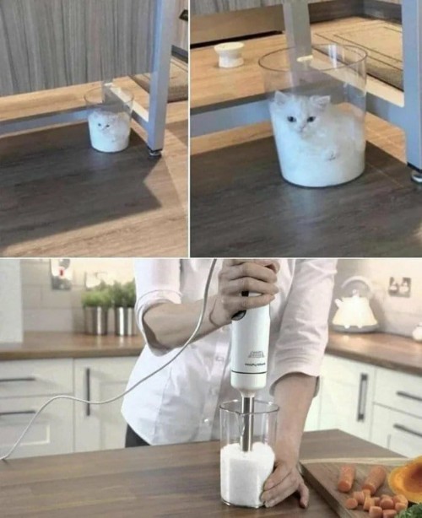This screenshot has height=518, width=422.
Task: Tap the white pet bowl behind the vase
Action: click(229, 54)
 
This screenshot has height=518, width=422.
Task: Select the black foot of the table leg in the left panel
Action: click(154, 152)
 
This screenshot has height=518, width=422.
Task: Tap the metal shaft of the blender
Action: click(246, 422)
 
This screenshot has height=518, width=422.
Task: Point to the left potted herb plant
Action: click(95, 309)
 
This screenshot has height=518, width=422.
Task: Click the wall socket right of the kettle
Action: click(399, 287)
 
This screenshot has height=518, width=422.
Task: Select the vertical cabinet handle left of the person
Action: click(87, 391)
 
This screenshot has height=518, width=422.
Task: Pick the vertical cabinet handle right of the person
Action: click(362, 397)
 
